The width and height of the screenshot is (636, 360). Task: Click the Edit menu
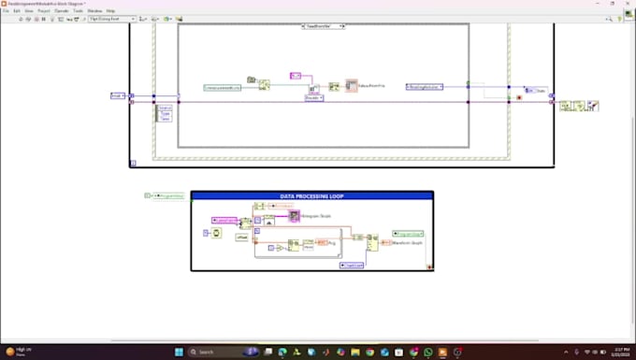coord(18,10)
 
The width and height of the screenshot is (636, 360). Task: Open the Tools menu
coord(79,10)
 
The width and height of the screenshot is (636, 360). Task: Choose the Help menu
coord(110,10)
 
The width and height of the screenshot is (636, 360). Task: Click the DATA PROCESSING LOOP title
coord(311,196)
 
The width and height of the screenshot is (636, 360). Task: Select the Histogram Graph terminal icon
coord(294,216)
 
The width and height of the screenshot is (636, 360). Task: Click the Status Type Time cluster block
coord(164,113)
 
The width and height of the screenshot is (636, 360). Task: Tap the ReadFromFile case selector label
coord(323,26)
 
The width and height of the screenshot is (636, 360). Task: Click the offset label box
coord(241,238)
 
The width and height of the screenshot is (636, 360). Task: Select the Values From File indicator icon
coord(352,85)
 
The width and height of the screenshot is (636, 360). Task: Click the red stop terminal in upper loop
coord(507,97)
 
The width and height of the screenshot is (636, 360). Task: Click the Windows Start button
coord(181,352)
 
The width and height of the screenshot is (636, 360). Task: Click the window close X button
coord(629,4)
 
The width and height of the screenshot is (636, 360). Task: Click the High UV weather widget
coord(17,352)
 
